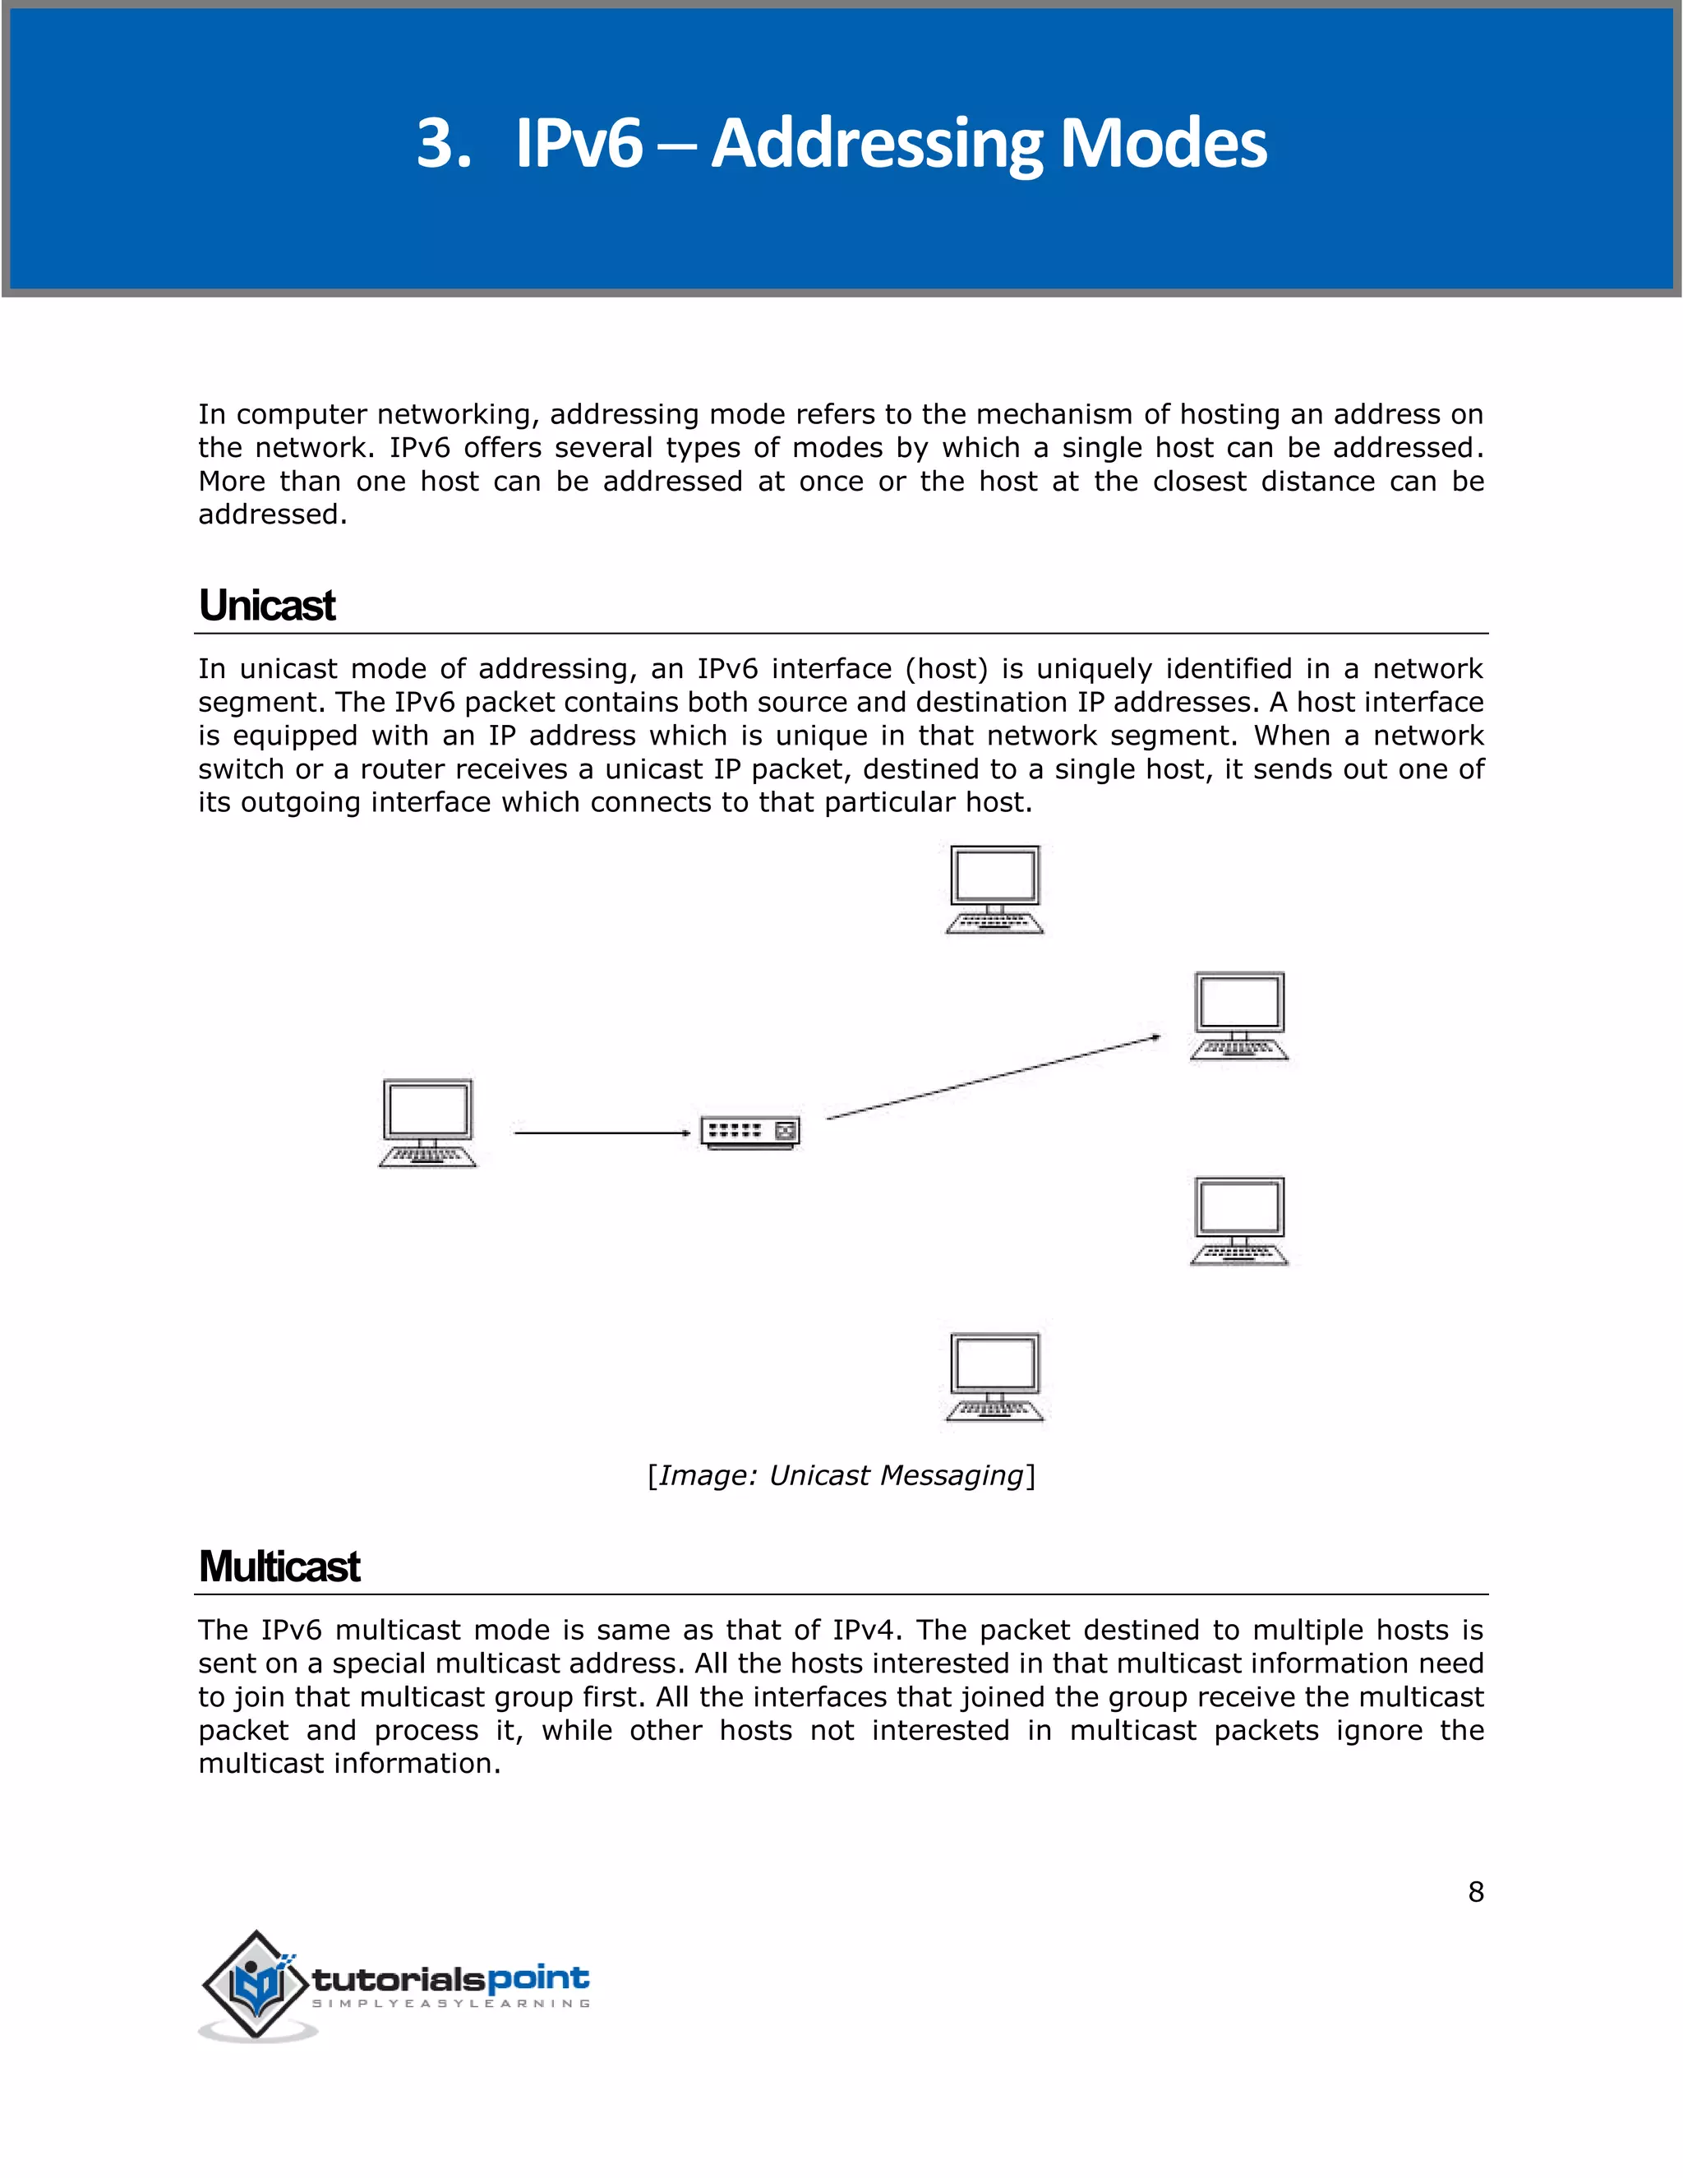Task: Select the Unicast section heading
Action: (x=267, y=606)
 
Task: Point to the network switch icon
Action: (x=749, y=1132)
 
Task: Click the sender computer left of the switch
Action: (x=427, y=1122)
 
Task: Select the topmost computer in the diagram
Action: (x=994, y=888)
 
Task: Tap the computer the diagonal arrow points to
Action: (x=1239, y=1015)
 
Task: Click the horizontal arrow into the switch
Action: (x=602, y=1133)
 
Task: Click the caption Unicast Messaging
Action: (x=841, y=1475)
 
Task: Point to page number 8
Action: (x=1476, y=1892)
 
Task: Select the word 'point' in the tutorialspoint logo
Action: (x=537, y=1978)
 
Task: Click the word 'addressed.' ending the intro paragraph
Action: (x=272, y=515)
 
